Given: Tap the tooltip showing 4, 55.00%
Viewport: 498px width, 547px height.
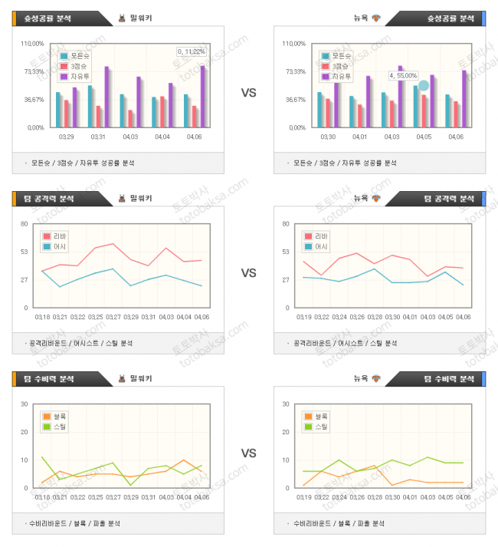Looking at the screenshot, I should (x=404, y=75).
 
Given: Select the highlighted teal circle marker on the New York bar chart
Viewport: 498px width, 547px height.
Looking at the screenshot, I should (x=424, y=85).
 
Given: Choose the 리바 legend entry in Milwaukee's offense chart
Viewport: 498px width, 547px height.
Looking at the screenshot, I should (x=58, y=236).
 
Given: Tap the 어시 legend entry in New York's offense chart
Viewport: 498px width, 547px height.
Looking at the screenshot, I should (x=320, y=246).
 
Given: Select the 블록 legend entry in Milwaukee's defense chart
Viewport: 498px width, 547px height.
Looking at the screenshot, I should (x=58, y=416).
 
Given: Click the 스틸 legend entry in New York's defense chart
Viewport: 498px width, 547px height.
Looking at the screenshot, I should (x=320, y=426).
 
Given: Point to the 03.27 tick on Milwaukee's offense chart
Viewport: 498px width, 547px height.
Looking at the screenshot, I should (x=113, y=316).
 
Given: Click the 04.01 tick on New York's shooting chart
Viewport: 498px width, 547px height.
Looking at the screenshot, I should (x=359, y=137).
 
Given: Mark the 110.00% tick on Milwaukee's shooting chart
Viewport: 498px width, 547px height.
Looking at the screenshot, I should (x=33, y=44).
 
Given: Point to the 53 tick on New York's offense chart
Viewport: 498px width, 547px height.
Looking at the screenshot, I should (x=286, y=252).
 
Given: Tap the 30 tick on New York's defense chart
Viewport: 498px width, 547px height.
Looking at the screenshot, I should (x=285, y=404).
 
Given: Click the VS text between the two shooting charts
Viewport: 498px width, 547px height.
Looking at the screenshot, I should (x=248, y=93).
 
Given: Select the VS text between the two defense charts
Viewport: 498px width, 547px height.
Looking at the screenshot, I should (x=248, y=453).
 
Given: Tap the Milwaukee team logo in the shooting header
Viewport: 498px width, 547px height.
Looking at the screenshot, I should (x=122, y=18).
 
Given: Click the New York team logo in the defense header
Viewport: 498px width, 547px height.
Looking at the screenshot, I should (x=376, y=378).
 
